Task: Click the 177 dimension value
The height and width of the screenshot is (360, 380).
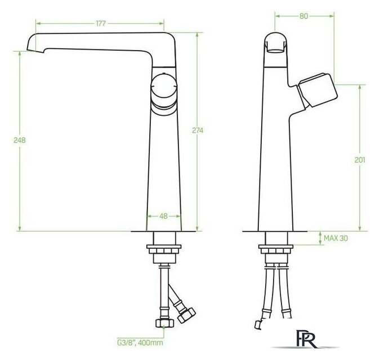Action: pyautogui.click(x=101, y=24)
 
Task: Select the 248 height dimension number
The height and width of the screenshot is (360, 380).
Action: pyautogui.click(x=19, y=140)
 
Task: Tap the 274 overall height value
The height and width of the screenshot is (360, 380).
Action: pyautogui.click(x=198, y=130)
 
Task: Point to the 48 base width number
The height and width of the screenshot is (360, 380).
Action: pyautogui.click(x=164, y=216)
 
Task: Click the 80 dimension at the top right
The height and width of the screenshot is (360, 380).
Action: pyautogui.click(x=303, y=16)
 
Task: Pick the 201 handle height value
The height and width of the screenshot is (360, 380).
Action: pyautogui.click(x=360, y=160)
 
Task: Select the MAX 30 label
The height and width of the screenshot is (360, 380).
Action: pyautogui.click(x=336, y=238)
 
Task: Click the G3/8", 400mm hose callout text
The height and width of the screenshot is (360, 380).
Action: pyautogui.click(x=140, y=343)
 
